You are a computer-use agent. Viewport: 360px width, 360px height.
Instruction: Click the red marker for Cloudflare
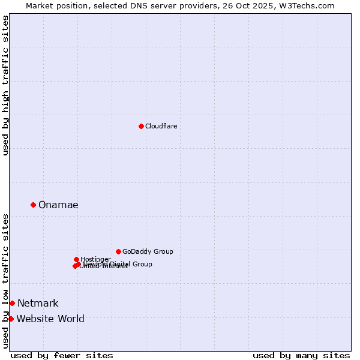[141, 126]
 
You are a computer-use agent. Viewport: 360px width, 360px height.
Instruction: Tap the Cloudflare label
[161, 126]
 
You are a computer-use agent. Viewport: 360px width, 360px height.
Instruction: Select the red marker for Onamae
[33, 205]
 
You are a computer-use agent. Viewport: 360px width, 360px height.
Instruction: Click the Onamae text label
[58, 205]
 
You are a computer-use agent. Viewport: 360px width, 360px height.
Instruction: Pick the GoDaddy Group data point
[118, 251]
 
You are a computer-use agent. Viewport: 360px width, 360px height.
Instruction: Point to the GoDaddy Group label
[148, 252]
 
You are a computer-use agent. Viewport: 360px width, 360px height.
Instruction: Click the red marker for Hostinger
[76, 259]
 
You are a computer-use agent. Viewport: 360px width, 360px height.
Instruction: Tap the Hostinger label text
[95, 259]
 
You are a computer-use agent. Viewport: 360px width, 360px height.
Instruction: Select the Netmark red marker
[12, 303]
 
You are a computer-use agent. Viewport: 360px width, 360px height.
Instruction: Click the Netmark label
[38, 304]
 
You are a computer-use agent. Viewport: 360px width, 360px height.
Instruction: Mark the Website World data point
[11, 319]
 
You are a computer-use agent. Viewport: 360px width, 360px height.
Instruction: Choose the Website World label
[50, 319]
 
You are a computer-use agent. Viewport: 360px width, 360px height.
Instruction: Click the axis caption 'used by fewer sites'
[62, 355]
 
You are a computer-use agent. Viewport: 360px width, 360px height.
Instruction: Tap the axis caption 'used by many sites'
[301, 355]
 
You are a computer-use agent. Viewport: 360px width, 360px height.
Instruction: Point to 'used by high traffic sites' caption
[6, 85]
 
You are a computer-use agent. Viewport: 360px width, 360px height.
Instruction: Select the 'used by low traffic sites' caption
[6, 280]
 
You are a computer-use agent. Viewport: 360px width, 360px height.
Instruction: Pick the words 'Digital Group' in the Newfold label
[130, 264]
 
